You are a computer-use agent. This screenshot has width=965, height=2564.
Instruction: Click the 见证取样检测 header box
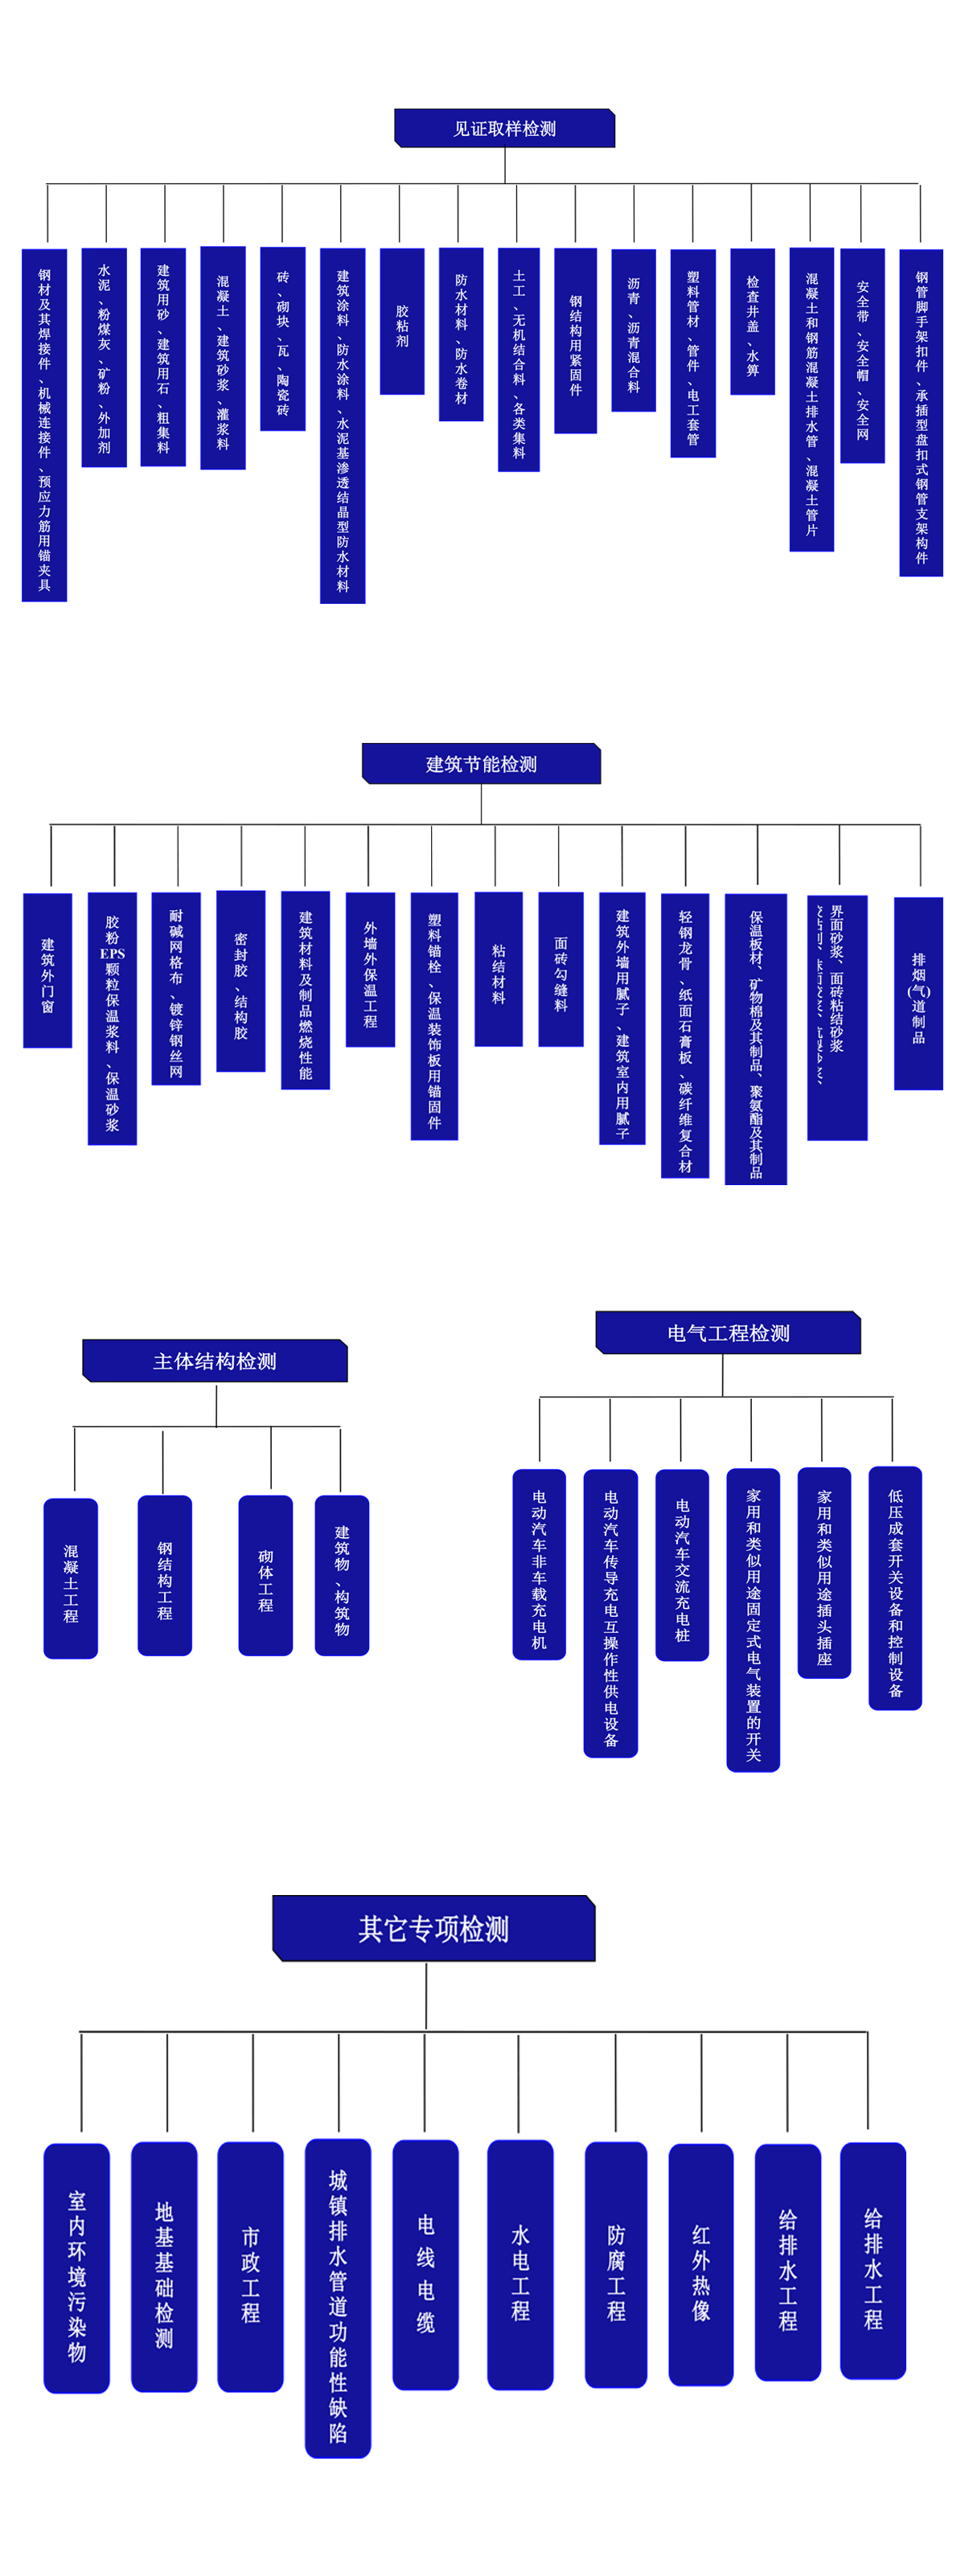(x=504, y=129)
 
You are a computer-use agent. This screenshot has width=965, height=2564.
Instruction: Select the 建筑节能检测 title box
(x=481, y=764)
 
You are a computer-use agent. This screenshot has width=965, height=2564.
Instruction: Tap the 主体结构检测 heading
(x=215, y=1360)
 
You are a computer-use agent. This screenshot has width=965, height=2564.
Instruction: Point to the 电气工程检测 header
(x=728, y=1333)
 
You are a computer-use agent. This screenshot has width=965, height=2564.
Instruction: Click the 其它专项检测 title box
(x=433, y=1928)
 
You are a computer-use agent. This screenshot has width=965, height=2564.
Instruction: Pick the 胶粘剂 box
(x=402, y=322)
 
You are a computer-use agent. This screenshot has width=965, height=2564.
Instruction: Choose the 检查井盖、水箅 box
(x=752, y=322)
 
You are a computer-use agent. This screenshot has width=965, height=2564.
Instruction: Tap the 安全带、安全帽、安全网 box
(x=862, y=355)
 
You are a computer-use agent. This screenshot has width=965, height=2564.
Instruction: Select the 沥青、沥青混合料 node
(x=634, y=330)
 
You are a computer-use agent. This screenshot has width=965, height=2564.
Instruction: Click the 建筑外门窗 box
(x=47, y=970)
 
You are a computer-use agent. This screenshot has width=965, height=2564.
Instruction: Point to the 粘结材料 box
(x=498, y=969)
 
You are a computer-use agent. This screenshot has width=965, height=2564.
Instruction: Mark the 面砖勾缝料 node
(x=561, y=969)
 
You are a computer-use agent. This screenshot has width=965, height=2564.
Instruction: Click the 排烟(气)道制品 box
(x=918, y=993)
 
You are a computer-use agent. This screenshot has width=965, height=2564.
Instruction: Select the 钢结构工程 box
(x=166, y=1576)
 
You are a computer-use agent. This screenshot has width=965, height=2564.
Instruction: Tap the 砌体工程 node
(x=266, y=1576)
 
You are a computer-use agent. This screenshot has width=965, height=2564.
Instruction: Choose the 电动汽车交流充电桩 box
(x=682, y=1565)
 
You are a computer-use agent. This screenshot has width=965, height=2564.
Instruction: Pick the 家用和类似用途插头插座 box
(x=823, y=1573)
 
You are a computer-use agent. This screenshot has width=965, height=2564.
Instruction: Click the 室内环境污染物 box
(x=76, y=2268)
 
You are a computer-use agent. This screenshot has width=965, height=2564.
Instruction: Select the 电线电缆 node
(x=425, y=2264)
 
